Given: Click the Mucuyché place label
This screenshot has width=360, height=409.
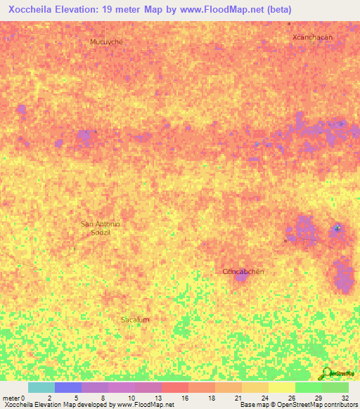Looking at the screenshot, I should [107, 42].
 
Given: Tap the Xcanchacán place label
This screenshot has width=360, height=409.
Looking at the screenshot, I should [312, 36].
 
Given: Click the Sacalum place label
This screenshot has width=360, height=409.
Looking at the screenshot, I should [135, 320].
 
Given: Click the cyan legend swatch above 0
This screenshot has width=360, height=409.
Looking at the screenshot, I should [41, 387].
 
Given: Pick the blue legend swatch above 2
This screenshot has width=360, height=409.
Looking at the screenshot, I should [68, 387].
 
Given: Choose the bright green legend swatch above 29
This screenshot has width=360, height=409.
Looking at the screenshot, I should [309, 387].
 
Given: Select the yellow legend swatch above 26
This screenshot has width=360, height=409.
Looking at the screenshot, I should [282, 387].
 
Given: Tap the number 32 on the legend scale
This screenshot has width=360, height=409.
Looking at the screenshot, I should [344, 398].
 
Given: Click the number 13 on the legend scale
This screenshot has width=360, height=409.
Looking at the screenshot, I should [157, 398].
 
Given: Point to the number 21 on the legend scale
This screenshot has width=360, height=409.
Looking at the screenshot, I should [238, 398].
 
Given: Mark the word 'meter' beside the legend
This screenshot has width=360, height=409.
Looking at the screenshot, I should [11, 398].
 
